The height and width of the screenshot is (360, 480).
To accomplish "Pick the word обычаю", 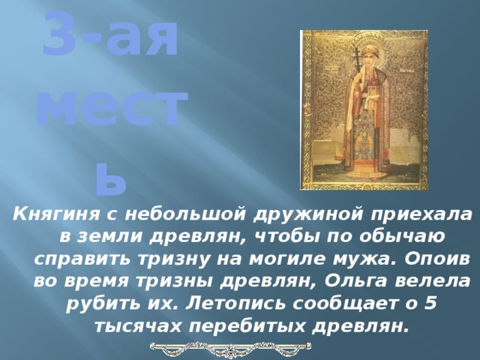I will pyautogui.click(x=408, y=236).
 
